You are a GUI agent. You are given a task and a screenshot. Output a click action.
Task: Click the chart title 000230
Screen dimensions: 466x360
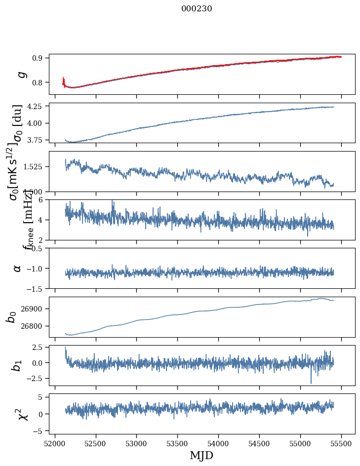[197, 8]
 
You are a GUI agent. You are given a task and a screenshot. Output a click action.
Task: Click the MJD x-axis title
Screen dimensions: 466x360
[201, 455]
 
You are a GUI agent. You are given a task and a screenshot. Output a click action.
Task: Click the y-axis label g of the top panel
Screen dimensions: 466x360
[21, 74]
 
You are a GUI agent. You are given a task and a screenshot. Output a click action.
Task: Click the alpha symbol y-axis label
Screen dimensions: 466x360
[18, 268]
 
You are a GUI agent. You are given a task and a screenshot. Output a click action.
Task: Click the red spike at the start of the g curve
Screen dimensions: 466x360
[64, 80]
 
